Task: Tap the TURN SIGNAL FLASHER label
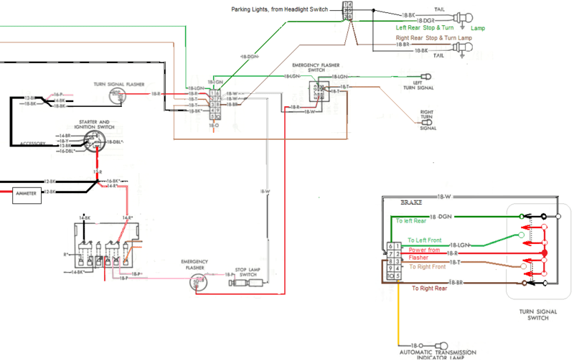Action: [x=118, y=84]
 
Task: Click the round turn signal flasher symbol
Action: [x=115, y=95]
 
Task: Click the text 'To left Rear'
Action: [x=410, y=222]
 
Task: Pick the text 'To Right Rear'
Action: [x=430, y=289]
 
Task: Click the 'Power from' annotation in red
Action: [x=424, y=250]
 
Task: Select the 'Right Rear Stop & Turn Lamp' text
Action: [x=434, y=37]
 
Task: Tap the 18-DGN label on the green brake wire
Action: [x=441, y=216]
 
